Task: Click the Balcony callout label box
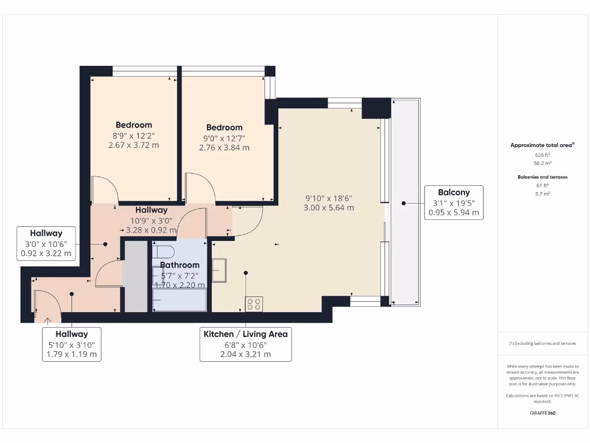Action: [453, 202]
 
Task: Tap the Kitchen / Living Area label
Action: [245, 334]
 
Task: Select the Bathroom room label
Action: [179, 265]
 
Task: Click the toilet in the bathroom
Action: [164, 252]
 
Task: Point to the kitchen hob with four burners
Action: [254, 303]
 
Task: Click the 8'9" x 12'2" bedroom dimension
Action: [134, 136]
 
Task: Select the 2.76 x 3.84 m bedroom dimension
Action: [224, 148]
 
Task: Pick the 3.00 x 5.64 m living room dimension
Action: [328, 208]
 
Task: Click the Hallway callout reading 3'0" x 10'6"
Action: [46, 243]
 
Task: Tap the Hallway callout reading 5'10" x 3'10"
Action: [72, 344]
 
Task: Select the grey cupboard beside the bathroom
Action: [137, 277]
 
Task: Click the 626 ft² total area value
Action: [542, 155]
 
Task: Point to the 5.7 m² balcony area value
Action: [542, 194]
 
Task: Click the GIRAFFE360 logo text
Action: [542, 413]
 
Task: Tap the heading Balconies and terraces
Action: [542, 177]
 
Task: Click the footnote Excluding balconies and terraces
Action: [542, 343]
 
